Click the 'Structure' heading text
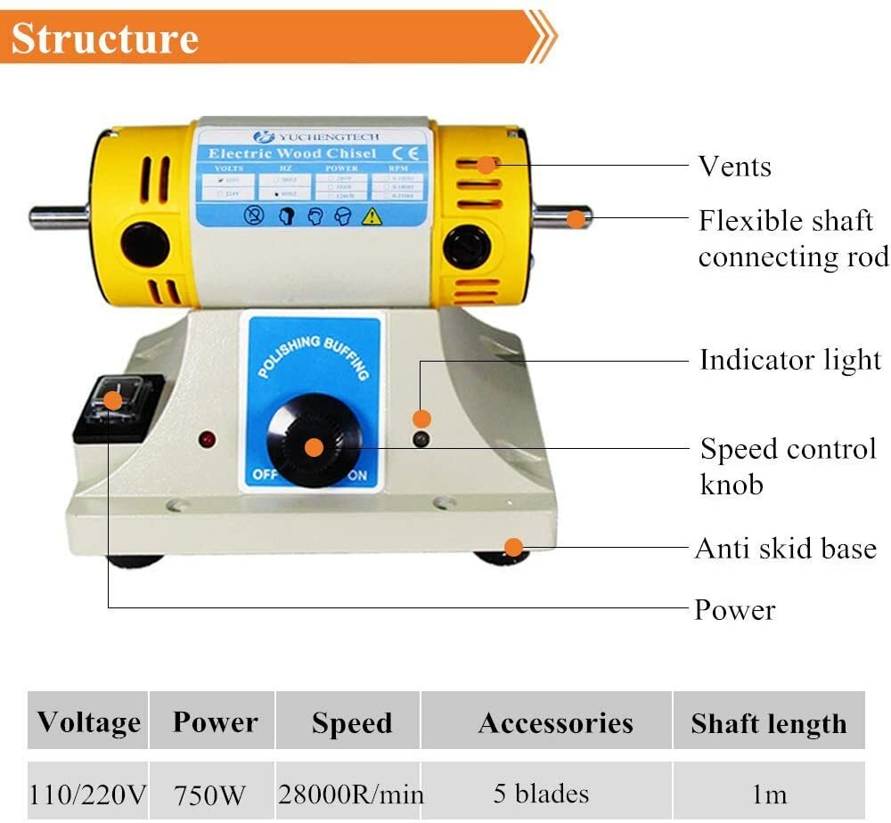click(x=104, y=38)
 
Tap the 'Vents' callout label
click(x=734, y=167)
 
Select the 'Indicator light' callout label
click(x=789, y=360)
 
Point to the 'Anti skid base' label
click(x=786, y=548)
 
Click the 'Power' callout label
click(x=735, y=610)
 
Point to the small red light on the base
click(x=207, y=439)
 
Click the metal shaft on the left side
click(x=57, y=216)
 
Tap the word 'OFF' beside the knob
click(x=265, y=476)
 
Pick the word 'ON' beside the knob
click(x=357, y=476)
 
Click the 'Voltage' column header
click(x=88, y=721)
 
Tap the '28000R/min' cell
click(x=351, y=793)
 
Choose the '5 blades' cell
click(x=541, y=793)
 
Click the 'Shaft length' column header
click(x=768, y=723)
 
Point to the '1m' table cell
click(x=768, y=793)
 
